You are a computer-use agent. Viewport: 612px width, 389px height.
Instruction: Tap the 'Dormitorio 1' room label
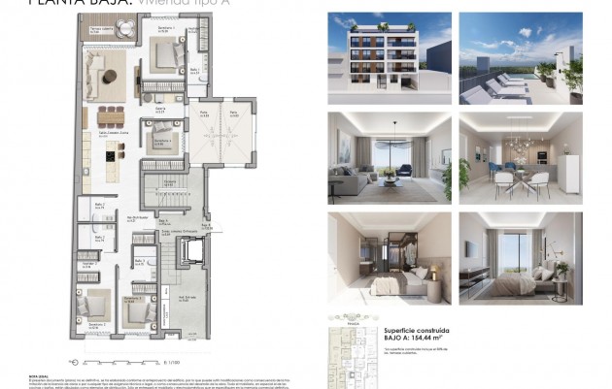coord(166,29)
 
